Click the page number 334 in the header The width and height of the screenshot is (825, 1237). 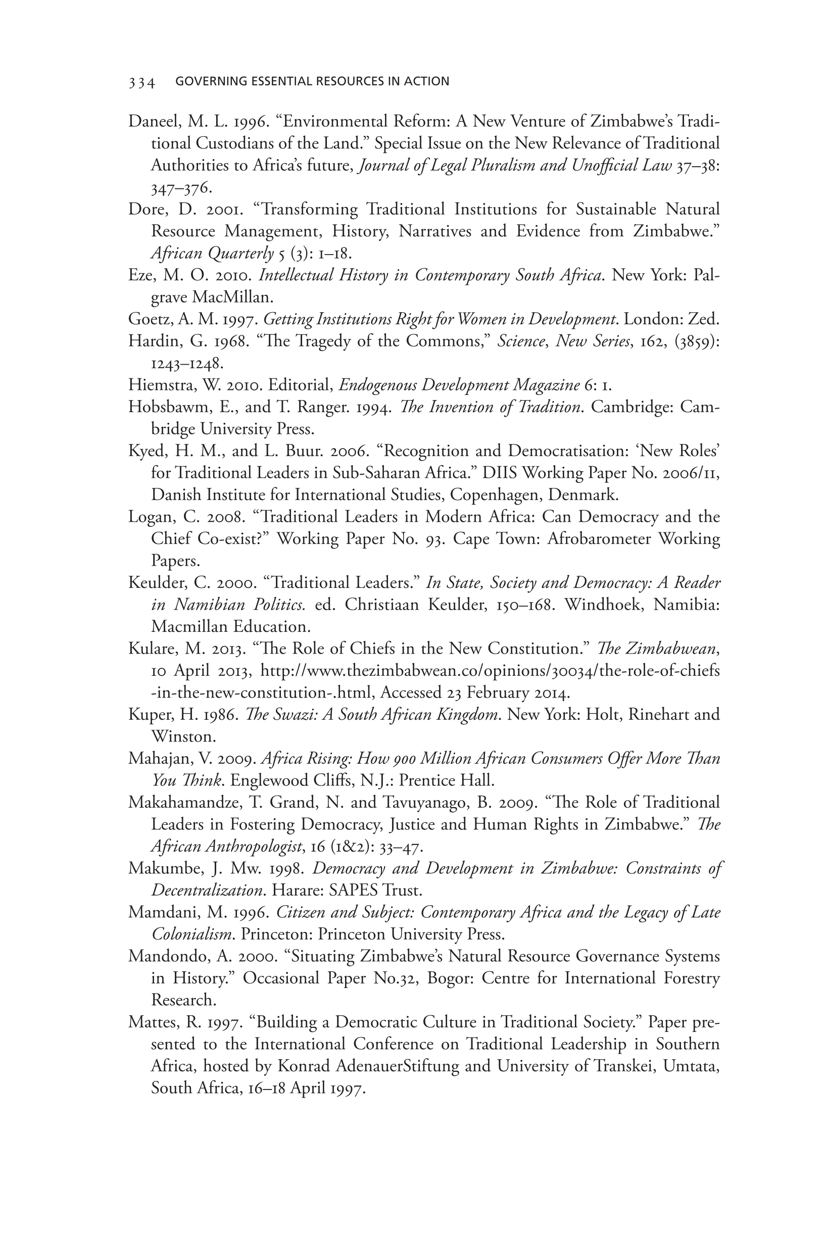tap(141, 82)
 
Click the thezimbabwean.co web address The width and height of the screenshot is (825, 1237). tap(490, 671)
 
